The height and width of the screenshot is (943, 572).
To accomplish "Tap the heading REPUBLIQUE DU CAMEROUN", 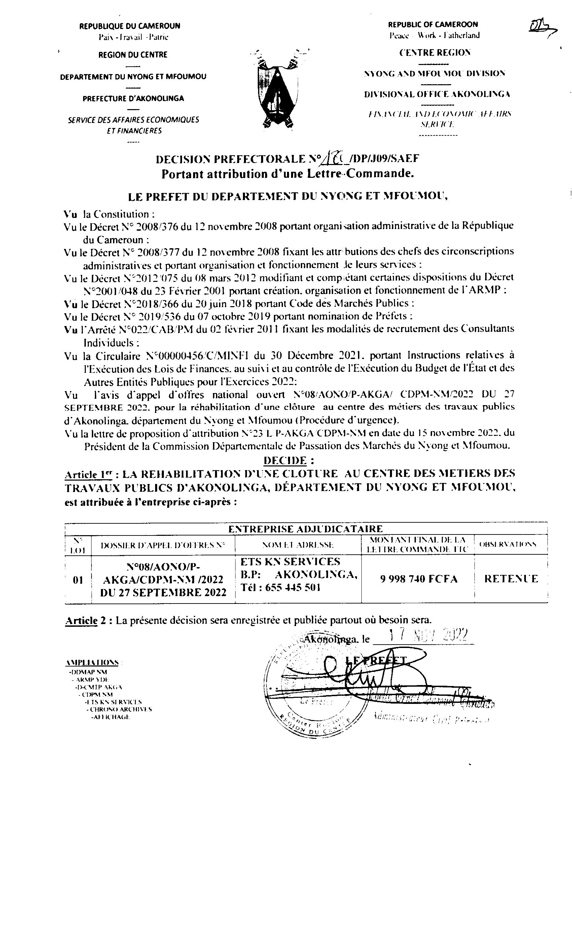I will pyautogui.click(x=130, y=26).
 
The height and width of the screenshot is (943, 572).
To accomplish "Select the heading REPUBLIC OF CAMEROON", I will pyautogui.click(x=433, y=25).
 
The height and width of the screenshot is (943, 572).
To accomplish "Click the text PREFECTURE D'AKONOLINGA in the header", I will pyautogui.click(x=133, y=98).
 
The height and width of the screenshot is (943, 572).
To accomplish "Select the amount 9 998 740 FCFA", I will pyautogui.click(x=419, y=579).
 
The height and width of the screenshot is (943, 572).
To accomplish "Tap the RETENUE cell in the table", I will pyautogui.click(x=511, y=579).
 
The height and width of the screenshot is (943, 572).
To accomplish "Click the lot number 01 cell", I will pyautogui.click(x=78, y=580).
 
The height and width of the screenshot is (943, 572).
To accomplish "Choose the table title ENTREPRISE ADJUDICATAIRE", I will pyautogui.click(x=306, y=529).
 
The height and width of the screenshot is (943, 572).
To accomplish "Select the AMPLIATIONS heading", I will pyautogui.click(x=92, y=662).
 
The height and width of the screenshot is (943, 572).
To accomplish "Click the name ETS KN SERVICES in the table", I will pyautogui.click(x=290, y=562).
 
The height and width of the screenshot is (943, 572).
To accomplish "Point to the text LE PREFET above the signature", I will pyautogui.click(x=376, y=660).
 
